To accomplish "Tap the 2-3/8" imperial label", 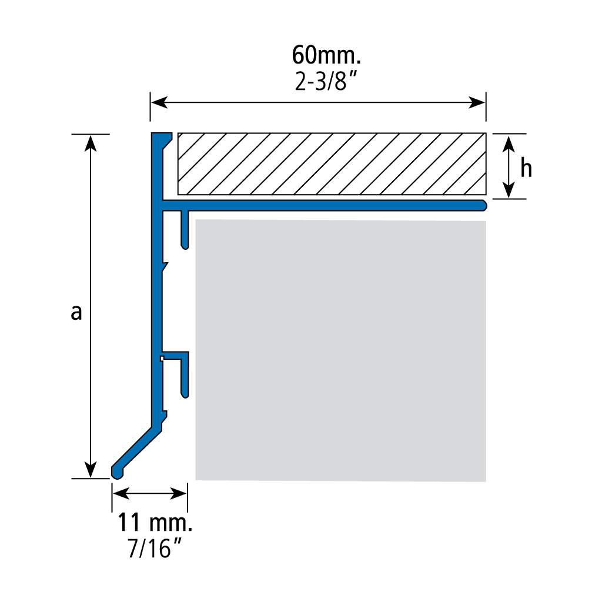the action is click(326, 81).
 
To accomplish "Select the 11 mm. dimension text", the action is click(155, 522).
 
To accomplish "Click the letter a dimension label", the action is click(76, 312).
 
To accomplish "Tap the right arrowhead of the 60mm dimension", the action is click(477, 102).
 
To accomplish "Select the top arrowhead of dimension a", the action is click(90, 143).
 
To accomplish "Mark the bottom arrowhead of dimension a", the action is click(90, 470).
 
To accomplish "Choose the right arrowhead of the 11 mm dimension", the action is click(179, 494).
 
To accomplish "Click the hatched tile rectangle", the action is click(332, 164).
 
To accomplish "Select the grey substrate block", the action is click(341, 350).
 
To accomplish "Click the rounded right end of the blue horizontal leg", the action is click(483, 205).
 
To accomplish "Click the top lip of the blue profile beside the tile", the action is click(162, 138).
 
